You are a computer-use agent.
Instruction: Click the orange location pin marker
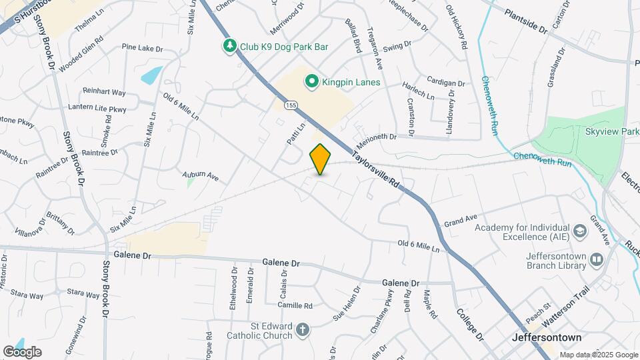click(x=320, y=159)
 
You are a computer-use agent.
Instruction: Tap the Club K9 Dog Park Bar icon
click(x=230, y=46)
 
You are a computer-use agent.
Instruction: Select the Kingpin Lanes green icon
click(x=311, y=82)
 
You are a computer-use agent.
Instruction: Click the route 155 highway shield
click(x=291, y=105)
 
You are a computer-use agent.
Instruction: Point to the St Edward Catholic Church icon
click(x=303, y=329)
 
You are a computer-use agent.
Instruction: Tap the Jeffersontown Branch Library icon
click(x=596, y=258)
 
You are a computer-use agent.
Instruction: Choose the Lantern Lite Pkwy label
click(x=97, y=107)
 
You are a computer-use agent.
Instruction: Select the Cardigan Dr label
click(x=445, y=83)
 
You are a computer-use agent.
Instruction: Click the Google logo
click(x=22, y=351)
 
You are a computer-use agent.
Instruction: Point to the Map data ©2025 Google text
click(x=598, y=355)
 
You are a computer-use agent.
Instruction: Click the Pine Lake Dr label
click(x=142, y=47)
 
